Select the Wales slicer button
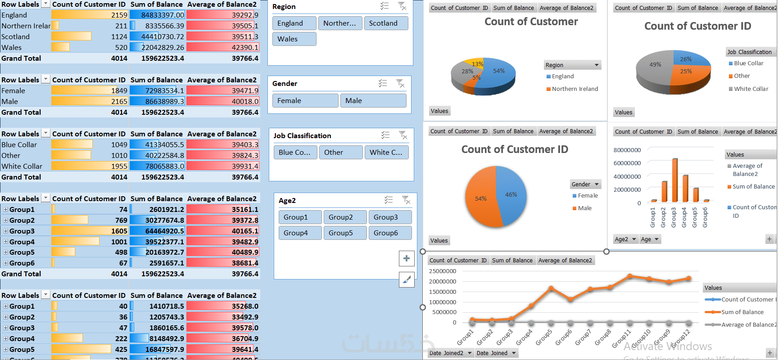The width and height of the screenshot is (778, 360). point(294,39)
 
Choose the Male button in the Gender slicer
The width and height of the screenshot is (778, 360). point(373,101)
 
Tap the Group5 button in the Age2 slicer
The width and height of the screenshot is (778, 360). point(345,233)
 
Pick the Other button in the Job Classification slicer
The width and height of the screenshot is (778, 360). point(341,153)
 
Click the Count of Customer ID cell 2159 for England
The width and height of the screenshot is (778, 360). point(119,15)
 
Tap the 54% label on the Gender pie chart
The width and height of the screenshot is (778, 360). point(481,198)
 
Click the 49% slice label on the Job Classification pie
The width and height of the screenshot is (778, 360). point(655,64)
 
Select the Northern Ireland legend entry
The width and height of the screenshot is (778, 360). point(574,89)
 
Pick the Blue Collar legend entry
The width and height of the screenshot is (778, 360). point(748,63)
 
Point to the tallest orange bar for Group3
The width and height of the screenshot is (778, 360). point(674,180)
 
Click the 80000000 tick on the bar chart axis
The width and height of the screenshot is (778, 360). point(627,150)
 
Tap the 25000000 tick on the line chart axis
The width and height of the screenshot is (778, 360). point(442,271)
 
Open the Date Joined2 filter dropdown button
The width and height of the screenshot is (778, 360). point(470,353)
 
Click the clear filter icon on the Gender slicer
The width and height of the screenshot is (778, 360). point(400,83)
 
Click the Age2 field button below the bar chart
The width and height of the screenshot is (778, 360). point(625,239)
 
